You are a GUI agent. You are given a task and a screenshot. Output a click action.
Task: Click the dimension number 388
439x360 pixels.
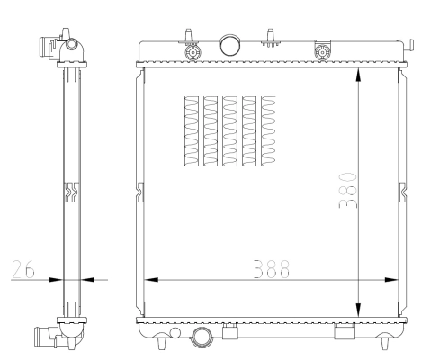tap(272, 269)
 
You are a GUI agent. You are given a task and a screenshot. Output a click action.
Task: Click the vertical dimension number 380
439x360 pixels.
tap(347, 191)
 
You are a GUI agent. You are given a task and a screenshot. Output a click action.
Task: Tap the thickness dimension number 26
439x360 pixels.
tap(23, 269)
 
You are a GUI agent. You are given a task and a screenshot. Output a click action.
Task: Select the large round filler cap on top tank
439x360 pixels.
tap(230, 45)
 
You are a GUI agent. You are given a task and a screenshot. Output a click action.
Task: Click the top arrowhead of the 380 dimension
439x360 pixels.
tap(358, 75)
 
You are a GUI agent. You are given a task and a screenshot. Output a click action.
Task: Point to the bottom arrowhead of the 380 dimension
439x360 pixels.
tap(358, 310)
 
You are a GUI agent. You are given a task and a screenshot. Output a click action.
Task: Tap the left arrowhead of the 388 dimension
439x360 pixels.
tap(151, 280)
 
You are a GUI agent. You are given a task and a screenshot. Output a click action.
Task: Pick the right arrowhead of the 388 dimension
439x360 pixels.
tap(391, 280)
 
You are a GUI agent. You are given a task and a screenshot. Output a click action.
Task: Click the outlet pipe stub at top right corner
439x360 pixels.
tap(408, 45)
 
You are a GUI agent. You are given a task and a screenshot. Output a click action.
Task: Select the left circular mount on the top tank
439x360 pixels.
tap(193, 53)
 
